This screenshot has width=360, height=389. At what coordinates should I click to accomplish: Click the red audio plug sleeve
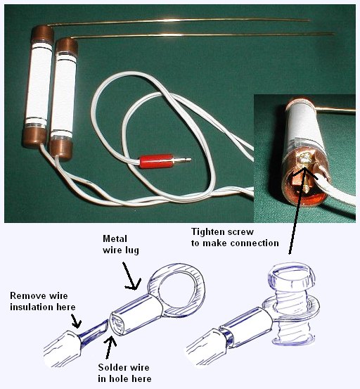(x=156, y=161)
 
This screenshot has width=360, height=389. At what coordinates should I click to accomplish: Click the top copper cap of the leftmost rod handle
(x=42, y=34)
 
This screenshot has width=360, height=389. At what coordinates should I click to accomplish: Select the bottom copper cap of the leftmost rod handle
(x=34, y=137)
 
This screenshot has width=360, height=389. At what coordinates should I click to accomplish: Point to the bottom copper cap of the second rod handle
(x=60, y=150)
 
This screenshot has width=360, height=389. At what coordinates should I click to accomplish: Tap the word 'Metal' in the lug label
(x=115, y=238)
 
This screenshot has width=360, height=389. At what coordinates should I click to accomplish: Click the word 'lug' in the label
(x=132, y=250)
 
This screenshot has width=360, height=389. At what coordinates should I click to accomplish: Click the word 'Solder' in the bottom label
(x=111, y=367)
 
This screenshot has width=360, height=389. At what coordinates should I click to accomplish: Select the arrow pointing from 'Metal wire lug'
(x=130, y=276)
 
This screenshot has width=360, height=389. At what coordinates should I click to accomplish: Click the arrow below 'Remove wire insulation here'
(x=77, y=321)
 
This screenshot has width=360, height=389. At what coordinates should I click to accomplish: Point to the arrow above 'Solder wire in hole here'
(x=110, y=347)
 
